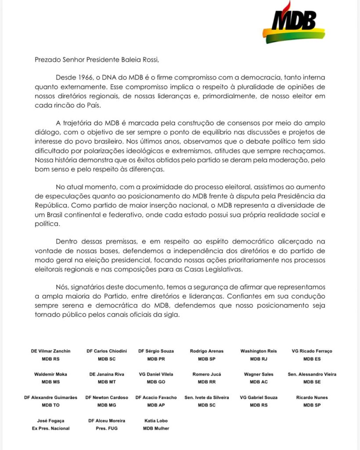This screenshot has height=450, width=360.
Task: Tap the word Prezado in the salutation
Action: (48, 59)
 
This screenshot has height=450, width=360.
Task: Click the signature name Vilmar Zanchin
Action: (50, 351)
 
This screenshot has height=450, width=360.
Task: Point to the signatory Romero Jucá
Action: (206, 374)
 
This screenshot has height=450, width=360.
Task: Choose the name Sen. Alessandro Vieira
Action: (312, 374)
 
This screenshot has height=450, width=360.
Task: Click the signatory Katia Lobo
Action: (156, 421)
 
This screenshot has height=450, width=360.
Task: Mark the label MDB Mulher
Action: (156, 428)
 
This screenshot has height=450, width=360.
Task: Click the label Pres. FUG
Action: (104, 428)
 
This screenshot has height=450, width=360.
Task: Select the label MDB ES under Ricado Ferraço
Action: (312, 359)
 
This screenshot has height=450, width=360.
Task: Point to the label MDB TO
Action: (51, 405)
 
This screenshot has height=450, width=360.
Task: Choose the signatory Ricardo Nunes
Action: (312, 397)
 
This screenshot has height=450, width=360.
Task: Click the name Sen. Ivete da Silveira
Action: (206, 397)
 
